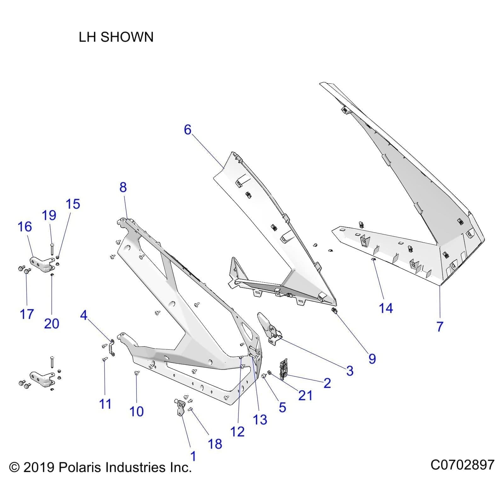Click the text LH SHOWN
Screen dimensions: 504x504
(x=116, y=37)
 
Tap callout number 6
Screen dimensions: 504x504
(x=188, y=130)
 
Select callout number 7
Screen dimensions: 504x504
(x=440, y=327)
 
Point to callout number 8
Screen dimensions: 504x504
(x=123, y=187)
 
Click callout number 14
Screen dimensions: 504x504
(x=386, y=308)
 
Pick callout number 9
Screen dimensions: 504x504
(x=372, y=359)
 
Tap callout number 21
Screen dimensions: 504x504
(x=305, y=395)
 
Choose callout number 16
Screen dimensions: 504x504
(x=25, y=227)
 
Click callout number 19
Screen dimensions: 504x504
(x=49, y=215)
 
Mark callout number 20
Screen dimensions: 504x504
(x=52, y=324)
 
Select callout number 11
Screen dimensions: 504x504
(x=105, y=404)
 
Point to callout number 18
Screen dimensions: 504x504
(x=215, y=444)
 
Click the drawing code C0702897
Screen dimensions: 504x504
(x=462, y=465)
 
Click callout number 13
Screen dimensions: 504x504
(x=260, y=420)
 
